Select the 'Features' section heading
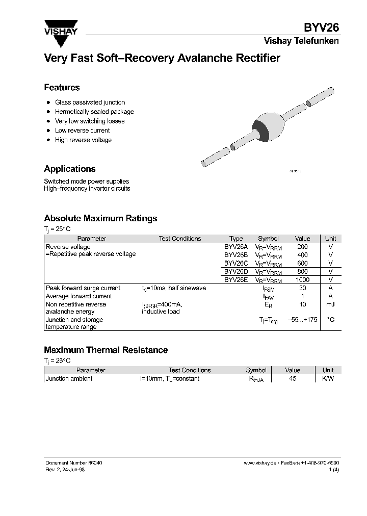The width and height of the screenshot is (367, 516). tap(62, 88)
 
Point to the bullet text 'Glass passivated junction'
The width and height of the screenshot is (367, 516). tap(90, 102)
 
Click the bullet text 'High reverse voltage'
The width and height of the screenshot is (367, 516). tap(83, 140)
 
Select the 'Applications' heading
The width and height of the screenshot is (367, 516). tap(70, 169)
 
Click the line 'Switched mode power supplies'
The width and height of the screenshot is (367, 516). tap(86, 182)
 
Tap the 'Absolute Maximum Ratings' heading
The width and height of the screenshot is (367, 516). tap(100, 218)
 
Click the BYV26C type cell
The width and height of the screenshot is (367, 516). tap(236, 263)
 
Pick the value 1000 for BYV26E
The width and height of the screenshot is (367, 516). tap(302, 280)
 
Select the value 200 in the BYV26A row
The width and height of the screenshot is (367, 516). tap(302, 247)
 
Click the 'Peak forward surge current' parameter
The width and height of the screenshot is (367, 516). tap(83, 288)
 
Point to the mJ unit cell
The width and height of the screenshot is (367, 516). tap(330, 304)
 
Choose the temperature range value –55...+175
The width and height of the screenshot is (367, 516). tap(302, 320)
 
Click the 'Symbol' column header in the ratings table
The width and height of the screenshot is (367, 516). tap(268, 239)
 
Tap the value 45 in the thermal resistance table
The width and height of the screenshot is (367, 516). tap(293, 379)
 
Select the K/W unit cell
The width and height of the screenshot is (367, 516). tap(328, 379)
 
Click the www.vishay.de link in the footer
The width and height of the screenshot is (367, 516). tap(260, 462)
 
